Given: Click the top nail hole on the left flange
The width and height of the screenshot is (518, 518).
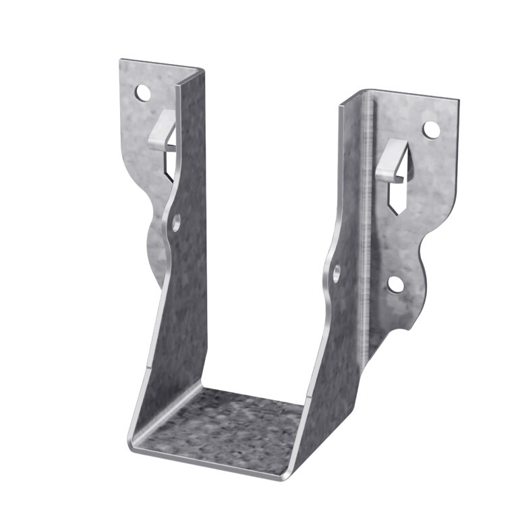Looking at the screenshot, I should coord(142,92).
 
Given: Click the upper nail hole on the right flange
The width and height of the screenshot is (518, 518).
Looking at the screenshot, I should coord(430,129).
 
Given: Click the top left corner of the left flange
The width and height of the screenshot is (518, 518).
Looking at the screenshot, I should coord(121,61).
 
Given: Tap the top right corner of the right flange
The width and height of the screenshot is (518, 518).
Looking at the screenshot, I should coord(459,102).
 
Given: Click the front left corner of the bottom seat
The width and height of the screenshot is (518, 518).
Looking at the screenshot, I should coord(131,449).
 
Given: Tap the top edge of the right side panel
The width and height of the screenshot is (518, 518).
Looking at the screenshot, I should coord(353,97).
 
